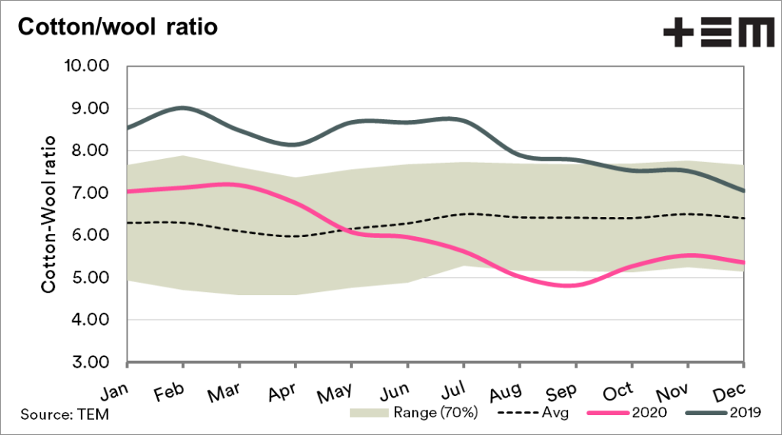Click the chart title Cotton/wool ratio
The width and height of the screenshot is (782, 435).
click(118, 27)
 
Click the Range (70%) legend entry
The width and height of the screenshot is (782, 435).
click(415, 414)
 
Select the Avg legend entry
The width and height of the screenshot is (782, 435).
click(535, 414)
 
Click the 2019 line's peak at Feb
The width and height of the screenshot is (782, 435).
click(184, 108)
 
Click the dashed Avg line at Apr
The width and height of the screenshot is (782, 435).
click(295, 236)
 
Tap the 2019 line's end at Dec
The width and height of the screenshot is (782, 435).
click(743, 191)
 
